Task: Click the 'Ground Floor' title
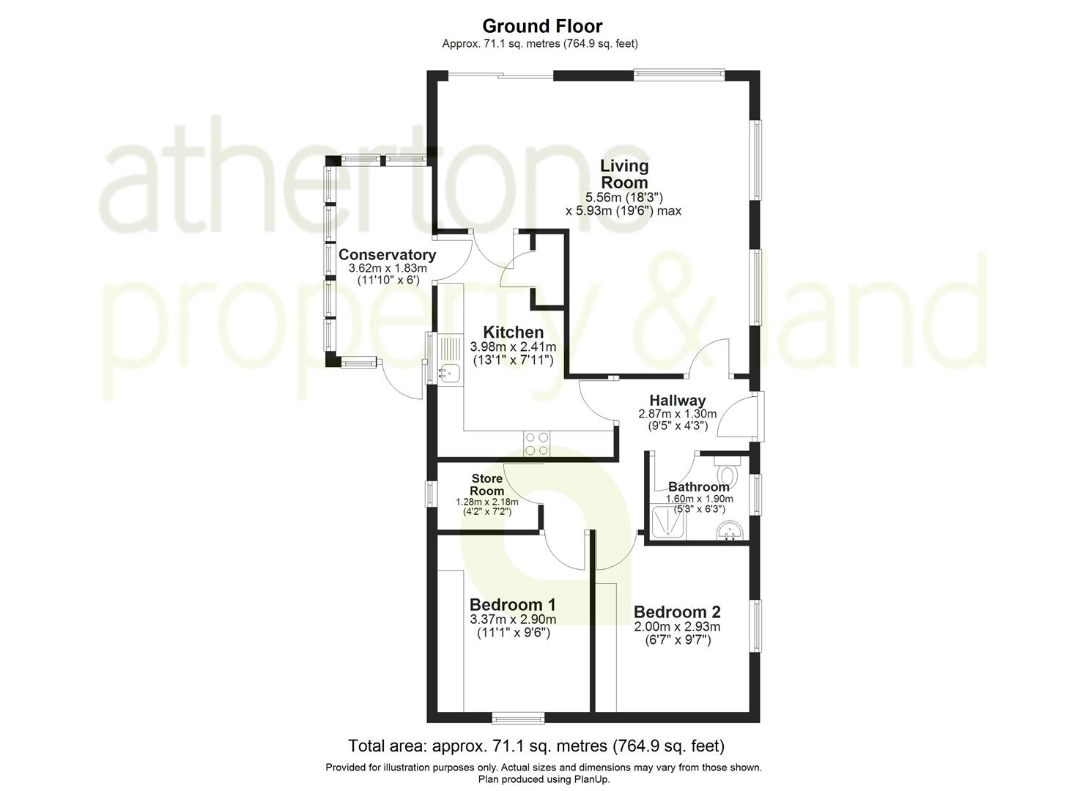(x=542, y=26)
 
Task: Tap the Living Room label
(x=624, y=174)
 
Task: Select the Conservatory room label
(x=387, y=255)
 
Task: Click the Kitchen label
(x=513, y=333)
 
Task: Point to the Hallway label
(x=677, y=401)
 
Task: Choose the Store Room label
(x=487, y=485)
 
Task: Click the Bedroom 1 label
(x=512, y=605)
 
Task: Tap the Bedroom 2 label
(x=677, y=612)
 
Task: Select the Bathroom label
(x=698, y=487)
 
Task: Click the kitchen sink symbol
(x=448, y=374)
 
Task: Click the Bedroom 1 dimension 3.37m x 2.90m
(x=513, y=620)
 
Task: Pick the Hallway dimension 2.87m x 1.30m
(x=677, y=414)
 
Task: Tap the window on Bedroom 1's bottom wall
(x=517, y=716)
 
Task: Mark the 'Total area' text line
(x=536, y=746)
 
